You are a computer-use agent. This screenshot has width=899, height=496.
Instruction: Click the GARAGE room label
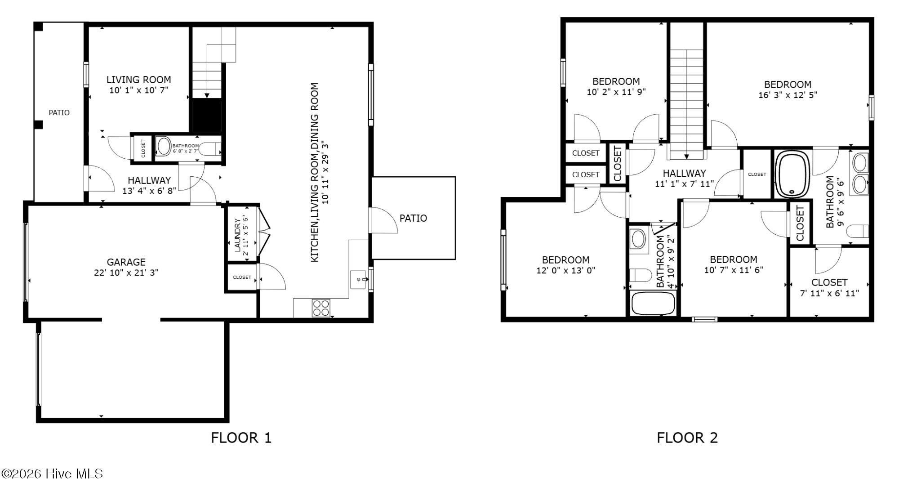click(126, 262)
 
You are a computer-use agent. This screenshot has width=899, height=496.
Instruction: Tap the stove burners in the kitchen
click(321, 308)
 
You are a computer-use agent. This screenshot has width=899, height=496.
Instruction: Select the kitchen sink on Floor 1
click(359, 279)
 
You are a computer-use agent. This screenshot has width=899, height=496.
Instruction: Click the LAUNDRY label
click(237, 235)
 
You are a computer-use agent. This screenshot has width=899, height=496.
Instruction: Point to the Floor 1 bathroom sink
click(164, 147)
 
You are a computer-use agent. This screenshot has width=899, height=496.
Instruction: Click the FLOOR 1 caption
click(241, 438)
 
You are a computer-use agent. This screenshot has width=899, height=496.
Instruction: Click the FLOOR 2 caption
click(687, 438)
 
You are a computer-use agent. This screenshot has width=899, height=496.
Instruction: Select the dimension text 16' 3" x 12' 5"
click(788, 95)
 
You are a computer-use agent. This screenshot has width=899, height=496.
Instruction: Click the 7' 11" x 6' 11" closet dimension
click(829, 293)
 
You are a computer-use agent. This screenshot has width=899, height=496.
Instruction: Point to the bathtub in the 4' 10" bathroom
click(653, 304)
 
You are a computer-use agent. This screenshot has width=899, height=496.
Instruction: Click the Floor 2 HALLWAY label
click(684, 173)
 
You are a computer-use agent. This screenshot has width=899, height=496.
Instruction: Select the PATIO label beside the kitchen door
click(413, 218)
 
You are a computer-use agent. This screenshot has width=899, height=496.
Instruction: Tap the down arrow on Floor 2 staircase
click(687, 156)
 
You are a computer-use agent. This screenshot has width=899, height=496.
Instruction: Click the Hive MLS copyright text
click(53, 474)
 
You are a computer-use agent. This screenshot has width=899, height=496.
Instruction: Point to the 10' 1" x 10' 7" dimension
click(139, 90)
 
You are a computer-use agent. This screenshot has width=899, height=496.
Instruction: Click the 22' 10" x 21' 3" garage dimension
click(126, 273)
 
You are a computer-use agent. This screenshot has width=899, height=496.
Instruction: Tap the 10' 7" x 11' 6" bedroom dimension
click(734, 270)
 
